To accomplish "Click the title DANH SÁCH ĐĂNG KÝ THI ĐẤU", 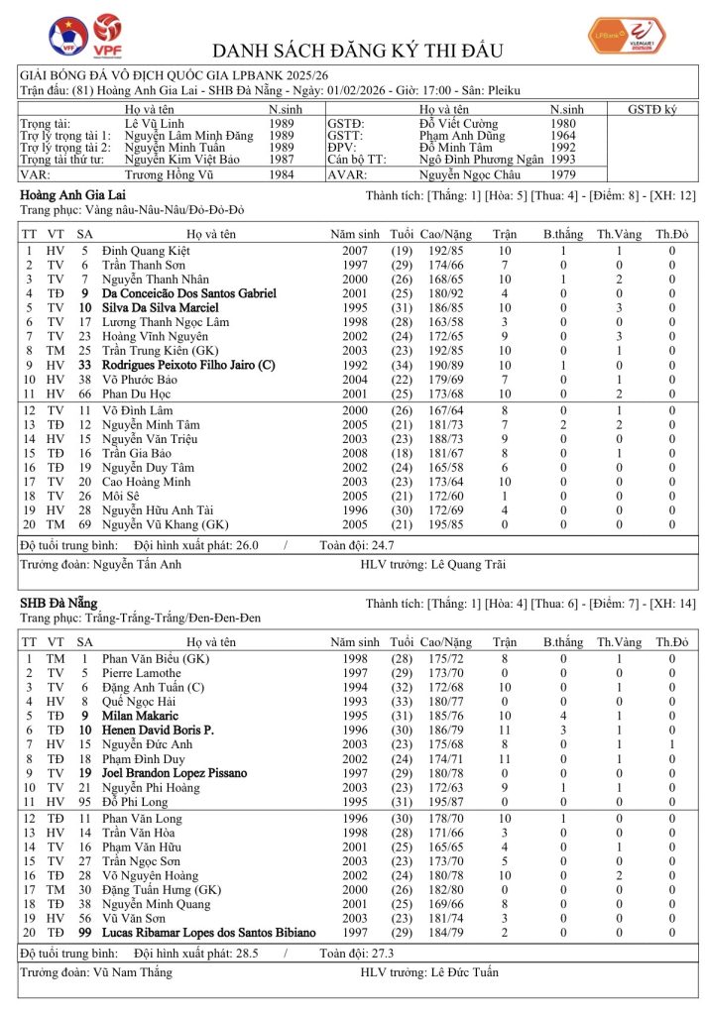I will pyautogui.click(x=358, y=51).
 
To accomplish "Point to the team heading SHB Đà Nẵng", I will pyautogui.click(x=59, y=604).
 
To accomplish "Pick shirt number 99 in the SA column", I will pyautogui.click(x=85, y=932).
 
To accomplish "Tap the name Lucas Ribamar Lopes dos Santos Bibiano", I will pyautogui.click(x=208, y=932).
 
